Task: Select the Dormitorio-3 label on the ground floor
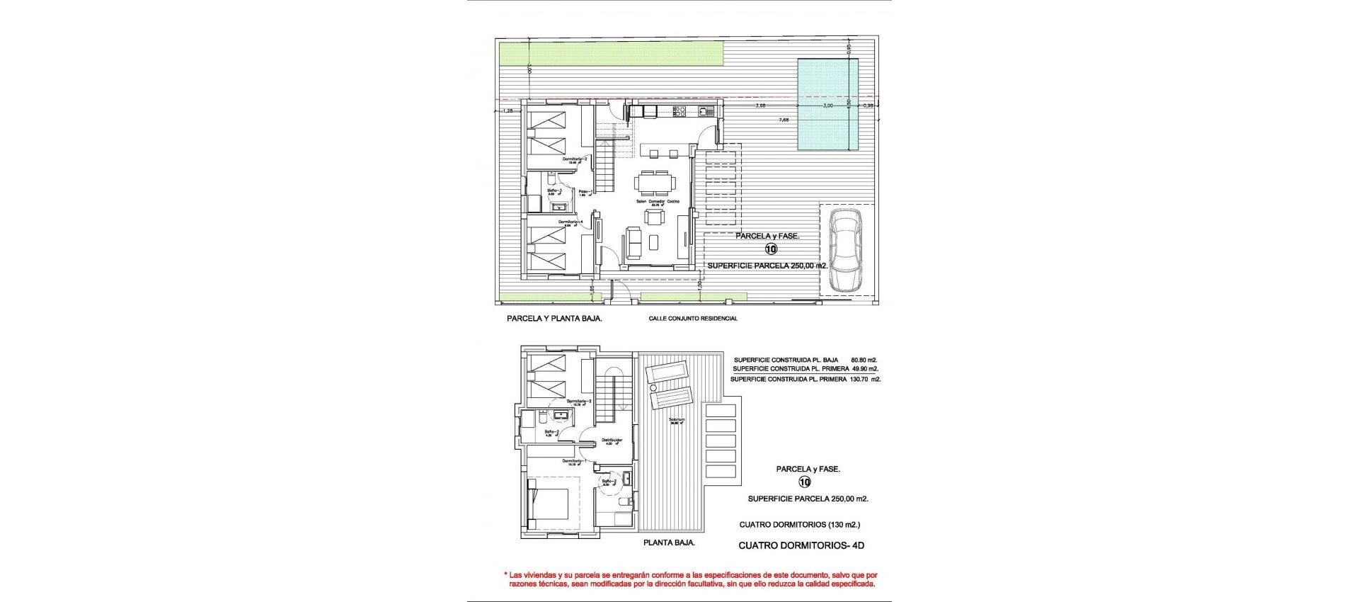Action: click(575, 159)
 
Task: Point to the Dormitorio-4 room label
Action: click(570, 222)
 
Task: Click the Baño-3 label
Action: click(554, 191)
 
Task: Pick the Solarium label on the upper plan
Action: click(677, 420)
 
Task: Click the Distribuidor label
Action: click(612, 441)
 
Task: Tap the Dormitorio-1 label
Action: click(575, 462)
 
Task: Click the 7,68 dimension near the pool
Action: click(784, 120)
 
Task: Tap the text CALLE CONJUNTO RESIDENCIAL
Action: click(693, 319)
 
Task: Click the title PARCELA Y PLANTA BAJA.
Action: click(554, 319)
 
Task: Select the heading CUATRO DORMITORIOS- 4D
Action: click(801, 546)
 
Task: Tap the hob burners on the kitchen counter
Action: click(679, 110)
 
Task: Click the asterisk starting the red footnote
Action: click(505, 576)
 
